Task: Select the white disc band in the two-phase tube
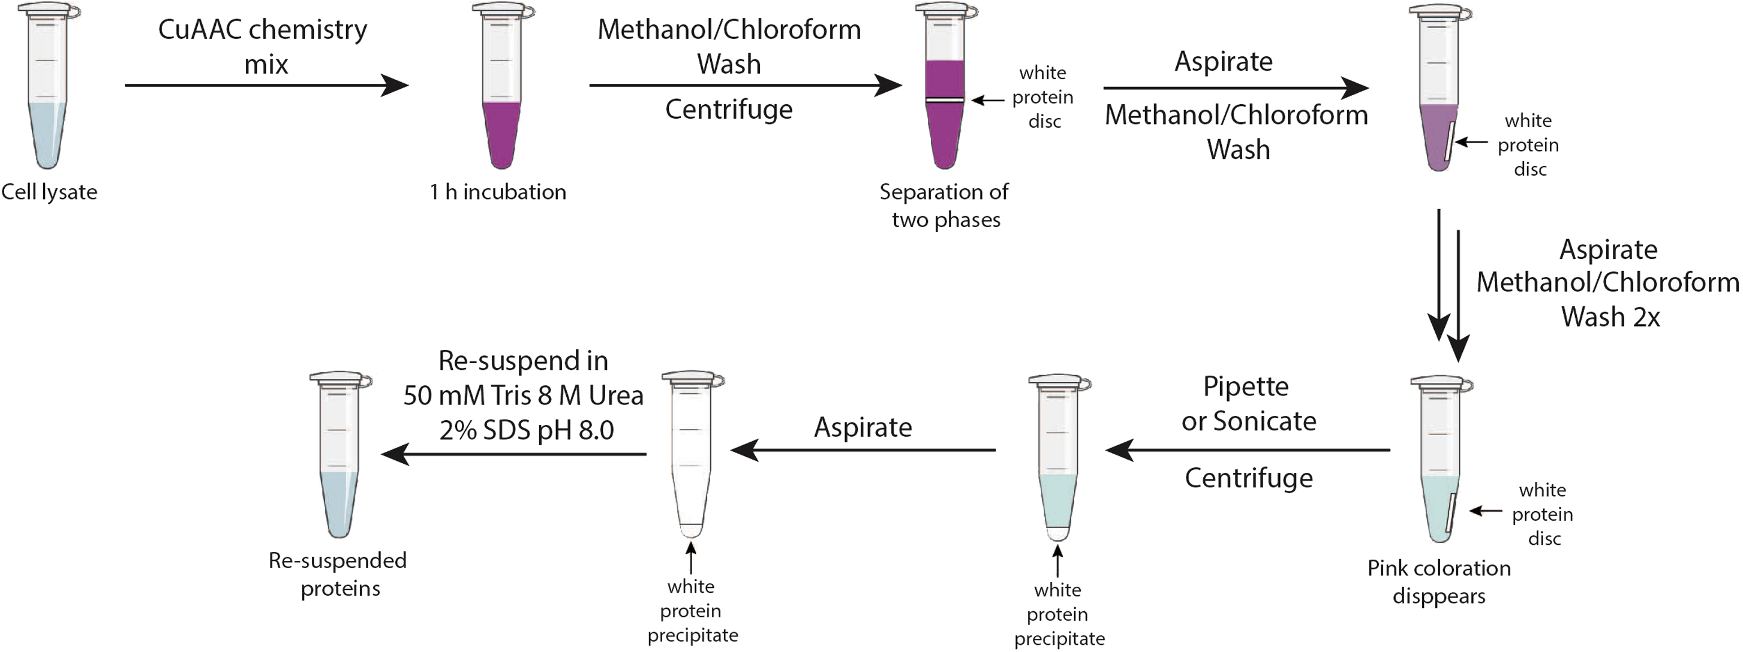tap(945, 100)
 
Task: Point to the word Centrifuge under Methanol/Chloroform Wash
tap(729, 110)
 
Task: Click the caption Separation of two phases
tap(945, 206)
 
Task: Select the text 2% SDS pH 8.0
tap(527, 430)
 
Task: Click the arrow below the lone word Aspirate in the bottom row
tap(863, 450)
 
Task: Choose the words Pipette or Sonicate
tap(1248, 404)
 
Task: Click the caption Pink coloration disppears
tap(1439, 582)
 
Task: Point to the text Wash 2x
tap(1610, 317)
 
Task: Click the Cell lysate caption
tap(49, 192)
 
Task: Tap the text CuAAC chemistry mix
tap(263, 47)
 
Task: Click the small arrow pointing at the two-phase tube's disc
tap(988, 101)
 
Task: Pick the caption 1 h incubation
tap(498, 192)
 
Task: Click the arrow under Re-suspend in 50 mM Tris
tap(514, 454)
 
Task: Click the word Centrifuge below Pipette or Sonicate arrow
tap(1248, 478)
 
